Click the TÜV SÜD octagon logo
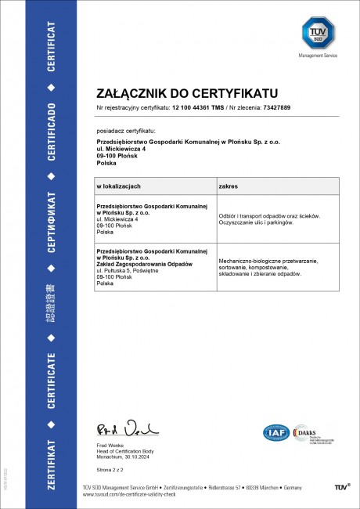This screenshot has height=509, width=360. coord(318,34)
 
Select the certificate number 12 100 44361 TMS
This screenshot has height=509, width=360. coord(197,107)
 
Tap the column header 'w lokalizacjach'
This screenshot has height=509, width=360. coord(118,187)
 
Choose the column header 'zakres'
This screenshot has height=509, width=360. coord(229,187)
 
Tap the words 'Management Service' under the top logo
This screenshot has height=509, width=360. coord(318,56)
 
